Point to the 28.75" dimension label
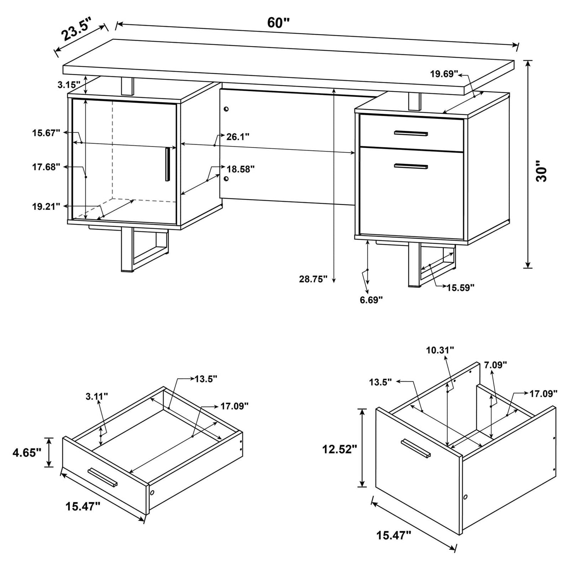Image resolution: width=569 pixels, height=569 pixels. [x=313, y=279]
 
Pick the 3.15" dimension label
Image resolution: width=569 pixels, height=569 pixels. [x=69, y=84]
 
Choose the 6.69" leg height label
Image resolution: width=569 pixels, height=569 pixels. [x=371, y=300]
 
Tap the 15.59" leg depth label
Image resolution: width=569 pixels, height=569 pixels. [x=461, y=288]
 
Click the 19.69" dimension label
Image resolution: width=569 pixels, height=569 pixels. [x=444, y=74]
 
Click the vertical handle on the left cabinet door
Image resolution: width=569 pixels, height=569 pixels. [x=167, y=164]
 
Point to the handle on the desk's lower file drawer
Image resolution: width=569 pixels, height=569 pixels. [x=411, y=166]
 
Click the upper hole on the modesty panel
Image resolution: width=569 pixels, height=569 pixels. [x=226, y=109]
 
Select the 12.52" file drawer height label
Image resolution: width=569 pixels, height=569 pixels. [x=340, y=449]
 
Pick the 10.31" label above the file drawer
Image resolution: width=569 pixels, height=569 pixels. [x=440, y=350]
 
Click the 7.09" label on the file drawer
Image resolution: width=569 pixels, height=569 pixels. [x=496, y=365]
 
